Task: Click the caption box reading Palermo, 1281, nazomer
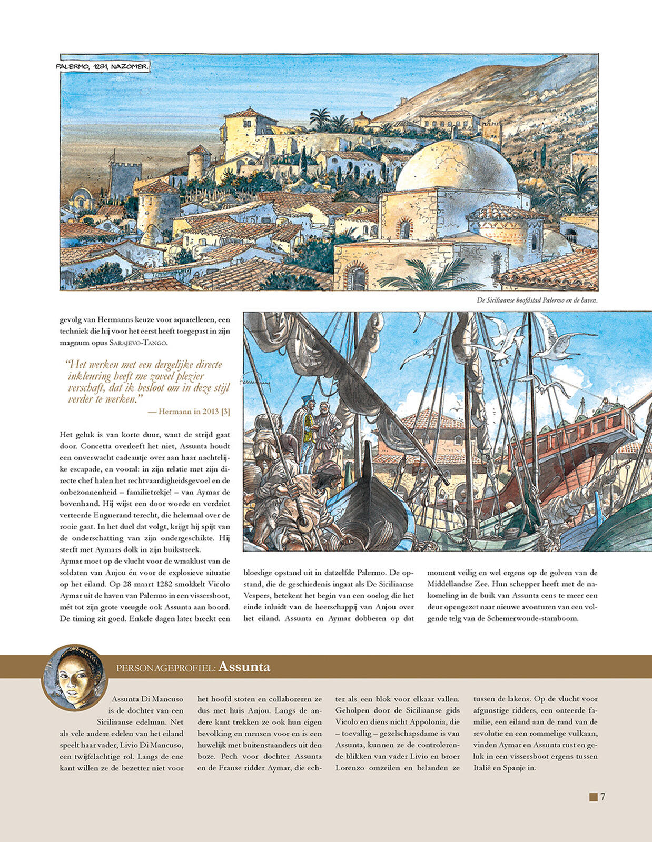pyautogui.click(x=103, y=66)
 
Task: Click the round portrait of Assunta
pyautogui.click(x=75, y=677)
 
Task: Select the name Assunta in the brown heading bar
pyautogui.click(x=244, y=667)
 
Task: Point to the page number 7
pyautogui.click(x=603, y=797)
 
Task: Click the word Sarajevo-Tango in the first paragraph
pyautogui.click(x=138, y=343)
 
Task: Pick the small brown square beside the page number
pyautogui.click(x=593, y=797)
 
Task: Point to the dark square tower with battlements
pyautogui.click(x=125, y=179)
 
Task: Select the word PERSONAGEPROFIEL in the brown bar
pyautogui.click(x=165, y=668)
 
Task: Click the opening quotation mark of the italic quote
pyautogui.click(x=67, y=364)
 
